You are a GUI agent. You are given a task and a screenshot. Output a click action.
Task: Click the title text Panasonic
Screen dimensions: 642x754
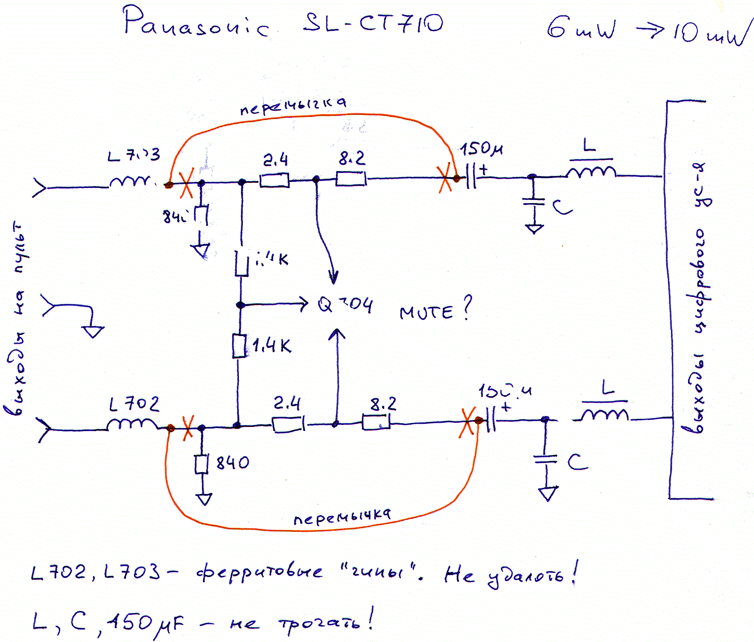click(196, 23)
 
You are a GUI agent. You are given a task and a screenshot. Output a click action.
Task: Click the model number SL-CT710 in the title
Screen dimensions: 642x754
click(373, 23)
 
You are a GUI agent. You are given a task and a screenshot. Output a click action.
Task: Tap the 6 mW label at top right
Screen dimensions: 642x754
click(581, 28)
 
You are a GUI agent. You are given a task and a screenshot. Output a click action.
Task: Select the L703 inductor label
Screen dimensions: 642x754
click(133, 155)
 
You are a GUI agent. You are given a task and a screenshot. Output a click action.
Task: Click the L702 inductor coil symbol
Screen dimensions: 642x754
click(132, 425)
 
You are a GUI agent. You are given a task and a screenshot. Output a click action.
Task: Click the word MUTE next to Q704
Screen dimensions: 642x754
click(426, 312)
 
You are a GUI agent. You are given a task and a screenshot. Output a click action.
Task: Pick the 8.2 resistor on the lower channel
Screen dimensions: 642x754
click(376, 423)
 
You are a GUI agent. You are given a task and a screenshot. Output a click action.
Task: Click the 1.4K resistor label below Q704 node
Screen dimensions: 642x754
click(272, 345)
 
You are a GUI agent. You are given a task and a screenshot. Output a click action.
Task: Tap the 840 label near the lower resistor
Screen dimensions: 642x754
click(233, 462)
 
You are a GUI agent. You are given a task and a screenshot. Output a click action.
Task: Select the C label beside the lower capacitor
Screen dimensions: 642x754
click(577, 461)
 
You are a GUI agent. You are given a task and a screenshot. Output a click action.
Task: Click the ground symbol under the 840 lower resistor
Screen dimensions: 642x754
click(204, 499)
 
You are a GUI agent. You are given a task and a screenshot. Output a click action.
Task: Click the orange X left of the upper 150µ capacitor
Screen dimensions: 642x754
click(445, 178)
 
